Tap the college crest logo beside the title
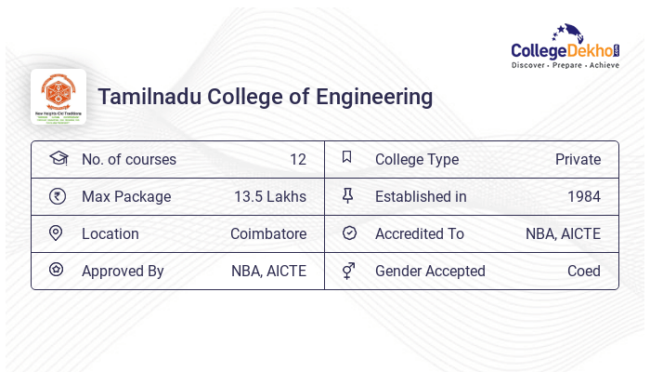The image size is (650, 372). [x=58, y=97]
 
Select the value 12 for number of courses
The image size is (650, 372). [x=297, y=160]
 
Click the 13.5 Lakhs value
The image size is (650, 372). [x=270, y=197]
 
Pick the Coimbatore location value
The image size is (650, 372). [x=268, y=234]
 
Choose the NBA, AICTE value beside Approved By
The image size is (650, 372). [x=268, y=272]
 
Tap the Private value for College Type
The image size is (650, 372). [x=578, y=160]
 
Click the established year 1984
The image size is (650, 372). [x=583, y=197]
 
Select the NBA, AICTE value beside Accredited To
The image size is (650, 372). [x=563, y=234]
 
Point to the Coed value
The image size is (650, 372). [x=583, y=272]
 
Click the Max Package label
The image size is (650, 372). [x=126, y=197]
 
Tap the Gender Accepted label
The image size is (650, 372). [x=430, y=272]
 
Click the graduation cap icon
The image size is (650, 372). [x=58, y=159]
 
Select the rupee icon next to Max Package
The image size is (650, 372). [x=57, y=196]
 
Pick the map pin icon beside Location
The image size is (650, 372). [x=56, y=233]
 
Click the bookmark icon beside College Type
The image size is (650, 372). [x=347, y=158]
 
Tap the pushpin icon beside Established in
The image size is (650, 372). [x=348, y=196]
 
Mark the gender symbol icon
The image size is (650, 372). [x=348, y=271]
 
